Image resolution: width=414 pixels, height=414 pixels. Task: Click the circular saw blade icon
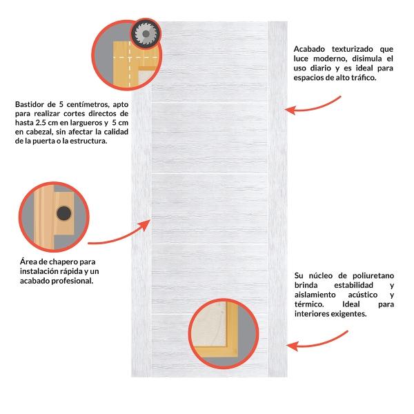click(x=146, y=34)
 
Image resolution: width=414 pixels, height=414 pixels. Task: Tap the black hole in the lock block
click(x=64, y=213)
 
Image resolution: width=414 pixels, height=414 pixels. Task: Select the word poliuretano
click(x=373, y=276)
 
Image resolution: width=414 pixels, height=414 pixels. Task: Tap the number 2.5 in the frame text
click(x=41, y=123)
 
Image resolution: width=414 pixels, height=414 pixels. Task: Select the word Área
click(x=27, y=262)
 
